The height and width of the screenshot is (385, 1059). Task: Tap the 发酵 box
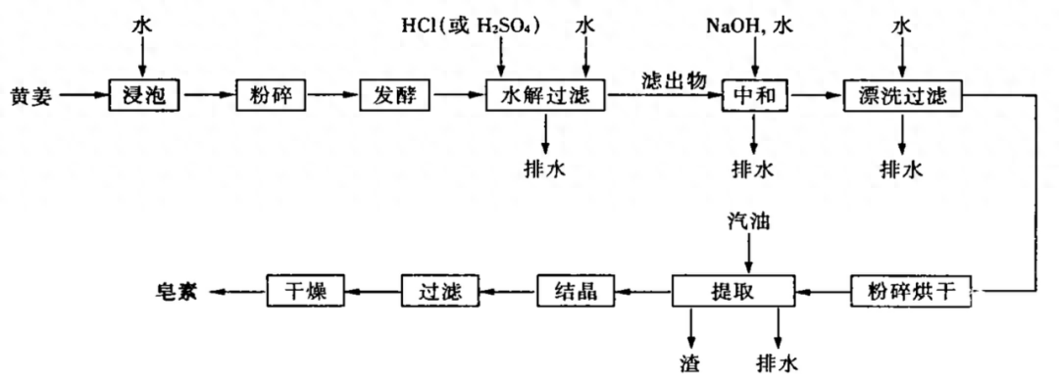[396, 96]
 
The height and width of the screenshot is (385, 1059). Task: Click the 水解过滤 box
[545, 96]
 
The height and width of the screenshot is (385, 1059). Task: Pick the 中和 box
[754, 96]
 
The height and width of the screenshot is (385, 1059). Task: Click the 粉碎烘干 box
[911, 291]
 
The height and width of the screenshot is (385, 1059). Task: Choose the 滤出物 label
[673, 79]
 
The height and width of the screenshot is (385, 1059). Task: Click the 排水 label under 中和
[753, 168]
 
